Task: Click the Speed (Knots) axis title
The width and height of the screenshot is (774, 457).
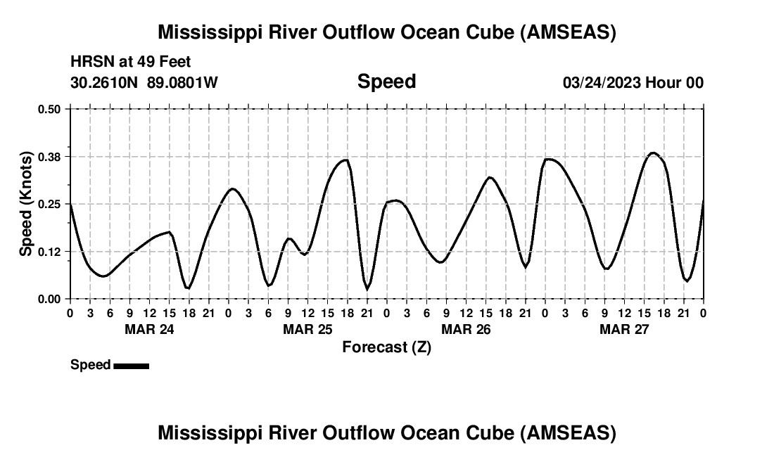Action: pos(25,204)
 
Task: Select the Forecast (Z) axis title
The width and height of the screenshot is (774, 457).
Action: pos(386,347)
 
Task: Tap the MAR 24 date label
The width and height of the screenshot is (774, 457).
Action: pos(148,329)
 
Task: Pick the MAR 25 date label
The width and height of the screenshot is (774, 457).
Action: pos(307,329)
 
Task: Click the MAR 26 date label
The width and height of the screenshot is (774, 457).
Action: pos(465,329)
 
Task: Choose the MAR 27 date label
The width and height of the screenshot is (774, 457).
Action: pos(623,329)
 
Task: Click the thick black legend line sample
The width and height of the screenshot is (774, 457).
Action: pos(131,366)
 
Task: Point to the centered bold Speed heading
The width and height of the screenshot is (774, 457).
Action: pos(386,82)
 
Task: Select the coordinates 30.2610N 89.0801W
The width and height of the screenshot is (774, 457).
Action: pos(144,82)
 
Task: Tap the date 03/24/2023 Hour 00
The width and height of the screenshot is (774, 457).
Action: pos(633,82)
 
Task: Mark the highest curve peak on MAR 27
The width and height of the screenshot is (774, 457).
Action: pos(653,153)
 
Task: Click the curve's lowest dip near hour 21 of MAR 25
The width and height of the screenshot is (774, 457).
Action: pos(367,289)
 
